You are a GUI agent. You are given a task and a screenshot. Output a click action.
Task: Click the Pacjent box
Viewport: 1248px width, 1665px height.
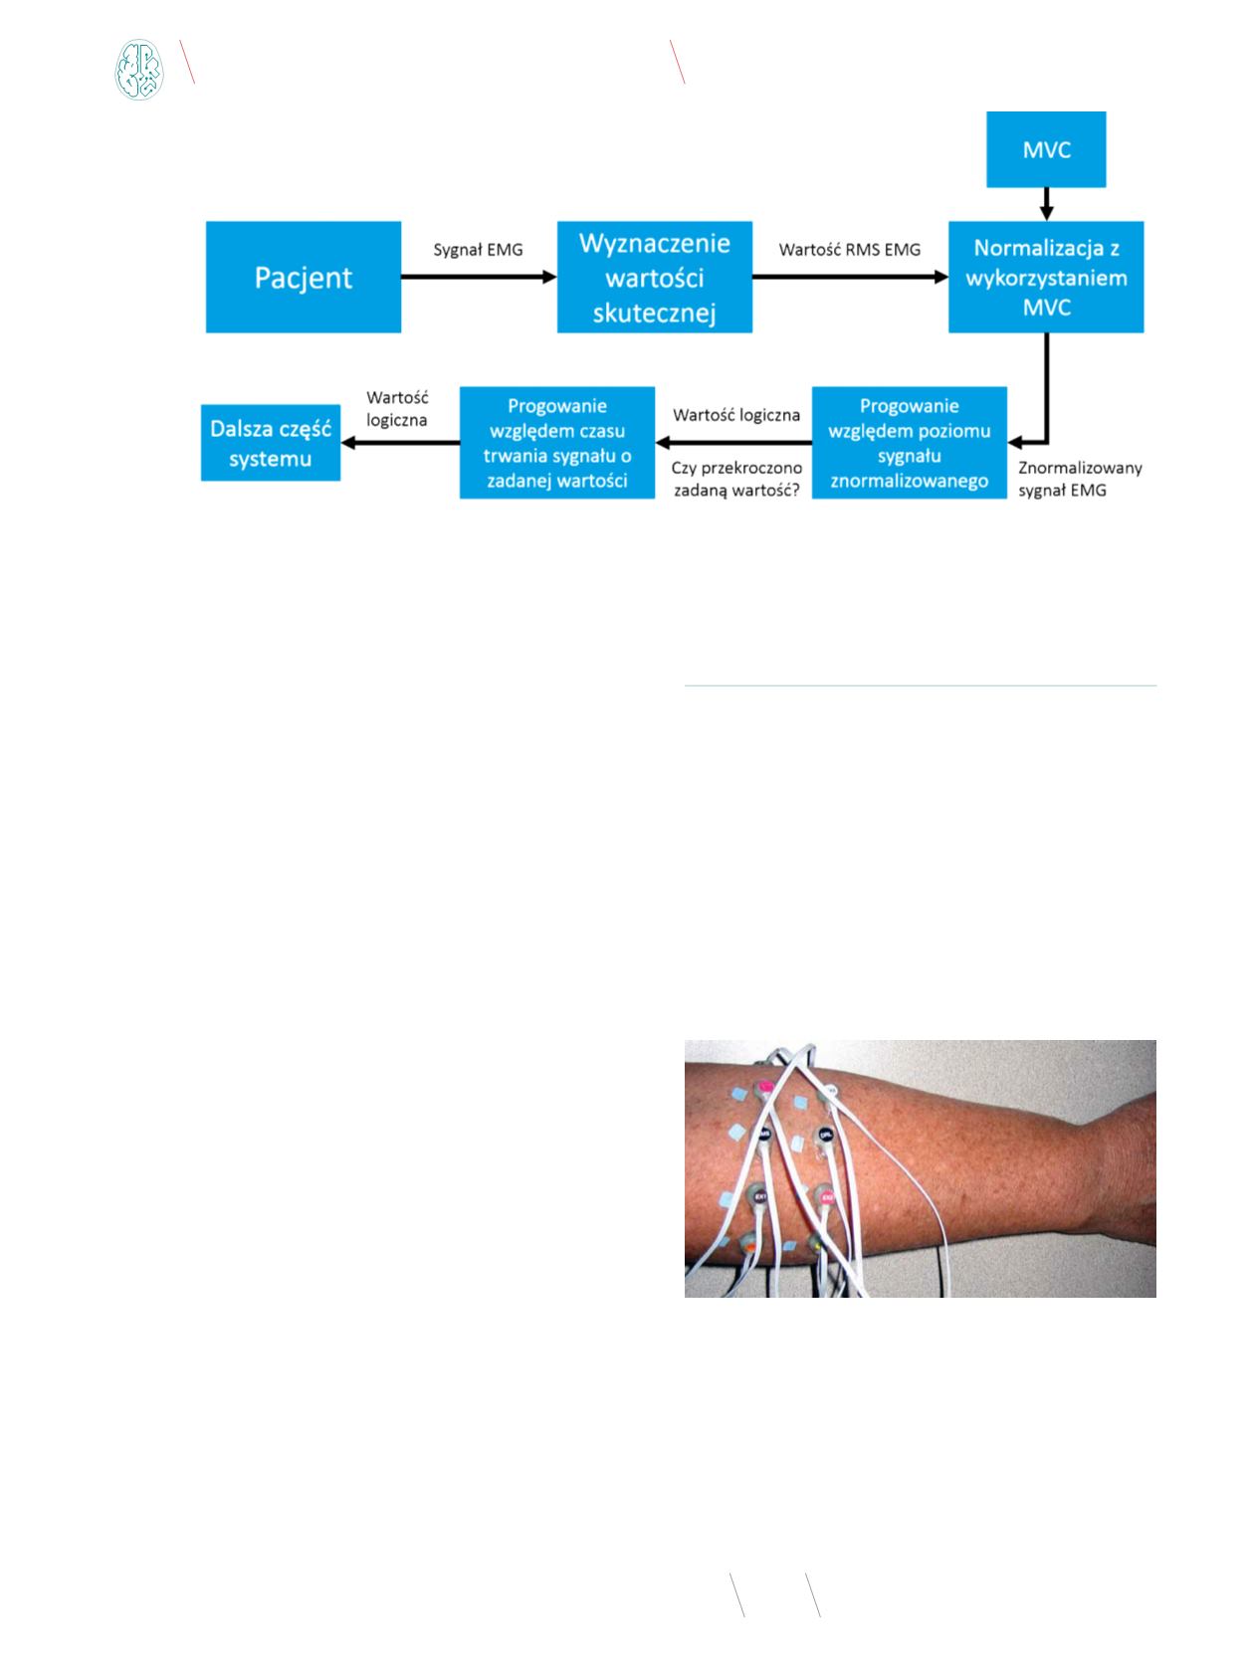pyautogui.click(x=304, y=277)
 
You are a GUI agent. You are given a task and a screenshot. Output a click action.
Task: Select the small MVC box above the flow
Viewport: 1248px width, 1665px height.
pyautogui.click(x=1046, y=148)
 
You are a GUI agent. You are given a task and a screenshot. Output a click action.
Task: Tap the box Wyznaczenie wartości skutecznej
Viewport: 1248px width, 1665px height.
pyautogui.click(x=654, y=277)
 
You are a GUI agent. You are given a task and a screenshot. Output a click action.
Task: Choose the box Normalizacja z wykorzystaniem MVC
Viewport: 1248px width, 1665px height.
pyautogui.click(x=1046, y=277)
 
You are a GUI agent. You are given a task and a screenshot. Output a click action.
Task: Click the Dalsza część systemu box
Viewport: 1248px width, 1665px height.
pyautogui.click(x=271, y=442)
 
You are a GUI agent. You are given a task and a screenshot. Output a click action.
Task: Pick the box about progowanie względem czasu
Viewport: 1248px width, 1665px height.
pyautogui.click(x=557, y=442)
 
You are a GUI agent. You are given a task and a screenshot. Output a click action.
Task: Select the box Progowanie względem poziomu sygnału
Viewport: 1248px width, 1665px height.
pyautogui.click(x=909, y=442)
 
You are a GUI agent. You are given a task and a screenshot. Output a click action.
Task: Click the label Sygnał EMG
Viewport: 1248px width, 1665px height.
pyautogui.click(x=478, y=250)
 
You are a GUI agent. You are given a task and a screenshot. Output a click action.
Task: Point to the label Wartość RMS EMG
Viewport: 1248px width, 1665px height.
pyautogui.click(x=850, y=250)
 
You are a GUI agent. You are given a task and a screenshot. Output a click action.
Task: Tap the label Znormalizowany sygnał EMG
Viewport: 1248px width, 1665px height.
pyautogui.click(x=1080, y=479)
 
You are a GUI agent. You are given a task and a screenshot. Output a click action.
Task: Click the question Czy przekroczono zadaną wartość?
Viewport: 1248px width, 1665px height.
pyautogui.click(x=736, y=479)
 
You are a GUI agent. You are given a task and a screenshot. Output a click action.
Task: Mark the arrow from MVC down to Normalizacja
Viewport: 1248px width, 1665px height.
pyautogui.click(x=1046, y=204)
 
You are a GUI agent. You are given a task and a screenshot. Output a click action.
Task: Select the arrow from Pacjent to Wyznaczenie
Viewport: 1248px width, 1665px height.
pyautogui.click(x=479, y=277)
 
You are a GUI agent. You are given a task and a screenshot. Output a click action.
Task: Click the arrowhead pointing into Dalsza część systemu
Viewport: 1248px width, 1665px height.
pyautogui.click(x=348, y=442)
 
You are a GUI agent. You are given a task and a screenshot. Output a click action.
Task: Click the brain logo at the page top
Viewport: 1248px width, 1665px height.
pyautogui.click(x=139, y=70)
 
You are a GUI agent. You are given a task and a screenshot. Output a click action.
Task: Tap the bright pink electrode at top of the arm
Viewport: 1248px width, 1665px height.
pyautogui.click(x=765, y=1086)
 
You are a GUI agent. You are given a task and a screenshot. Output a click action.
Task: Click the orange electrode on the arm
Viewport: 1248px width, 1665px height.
pyautogui.click(x=748, y=1246)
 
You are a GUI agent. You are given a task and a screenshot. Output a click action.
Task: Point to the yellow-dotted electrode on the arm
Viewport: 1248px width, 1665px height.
pyautogui.click(x=817, y=1243)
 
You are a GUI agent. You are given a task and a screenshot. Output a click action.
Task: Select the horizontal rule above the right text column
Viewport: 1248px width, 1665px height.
pyautogui.click(x=921, y=686)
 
